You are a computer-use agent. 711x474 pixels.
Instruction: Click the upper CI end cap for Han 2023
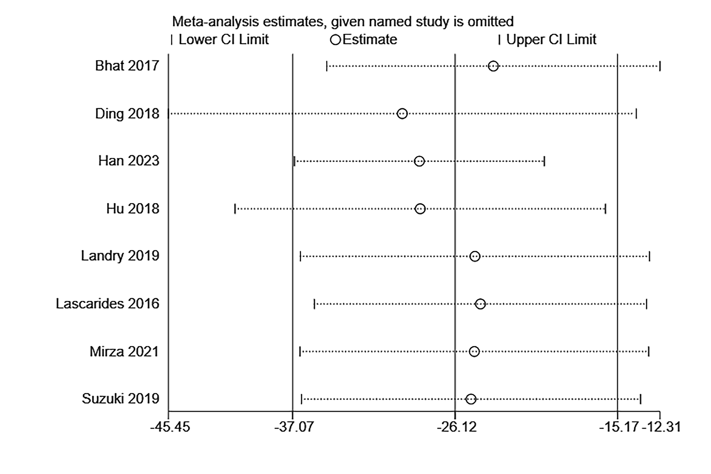pyautogui.click(x=544, y=161)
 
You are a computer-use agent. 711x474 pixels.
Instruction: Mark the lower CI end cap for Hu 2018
pyautogui.click(x=235, y=209)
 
